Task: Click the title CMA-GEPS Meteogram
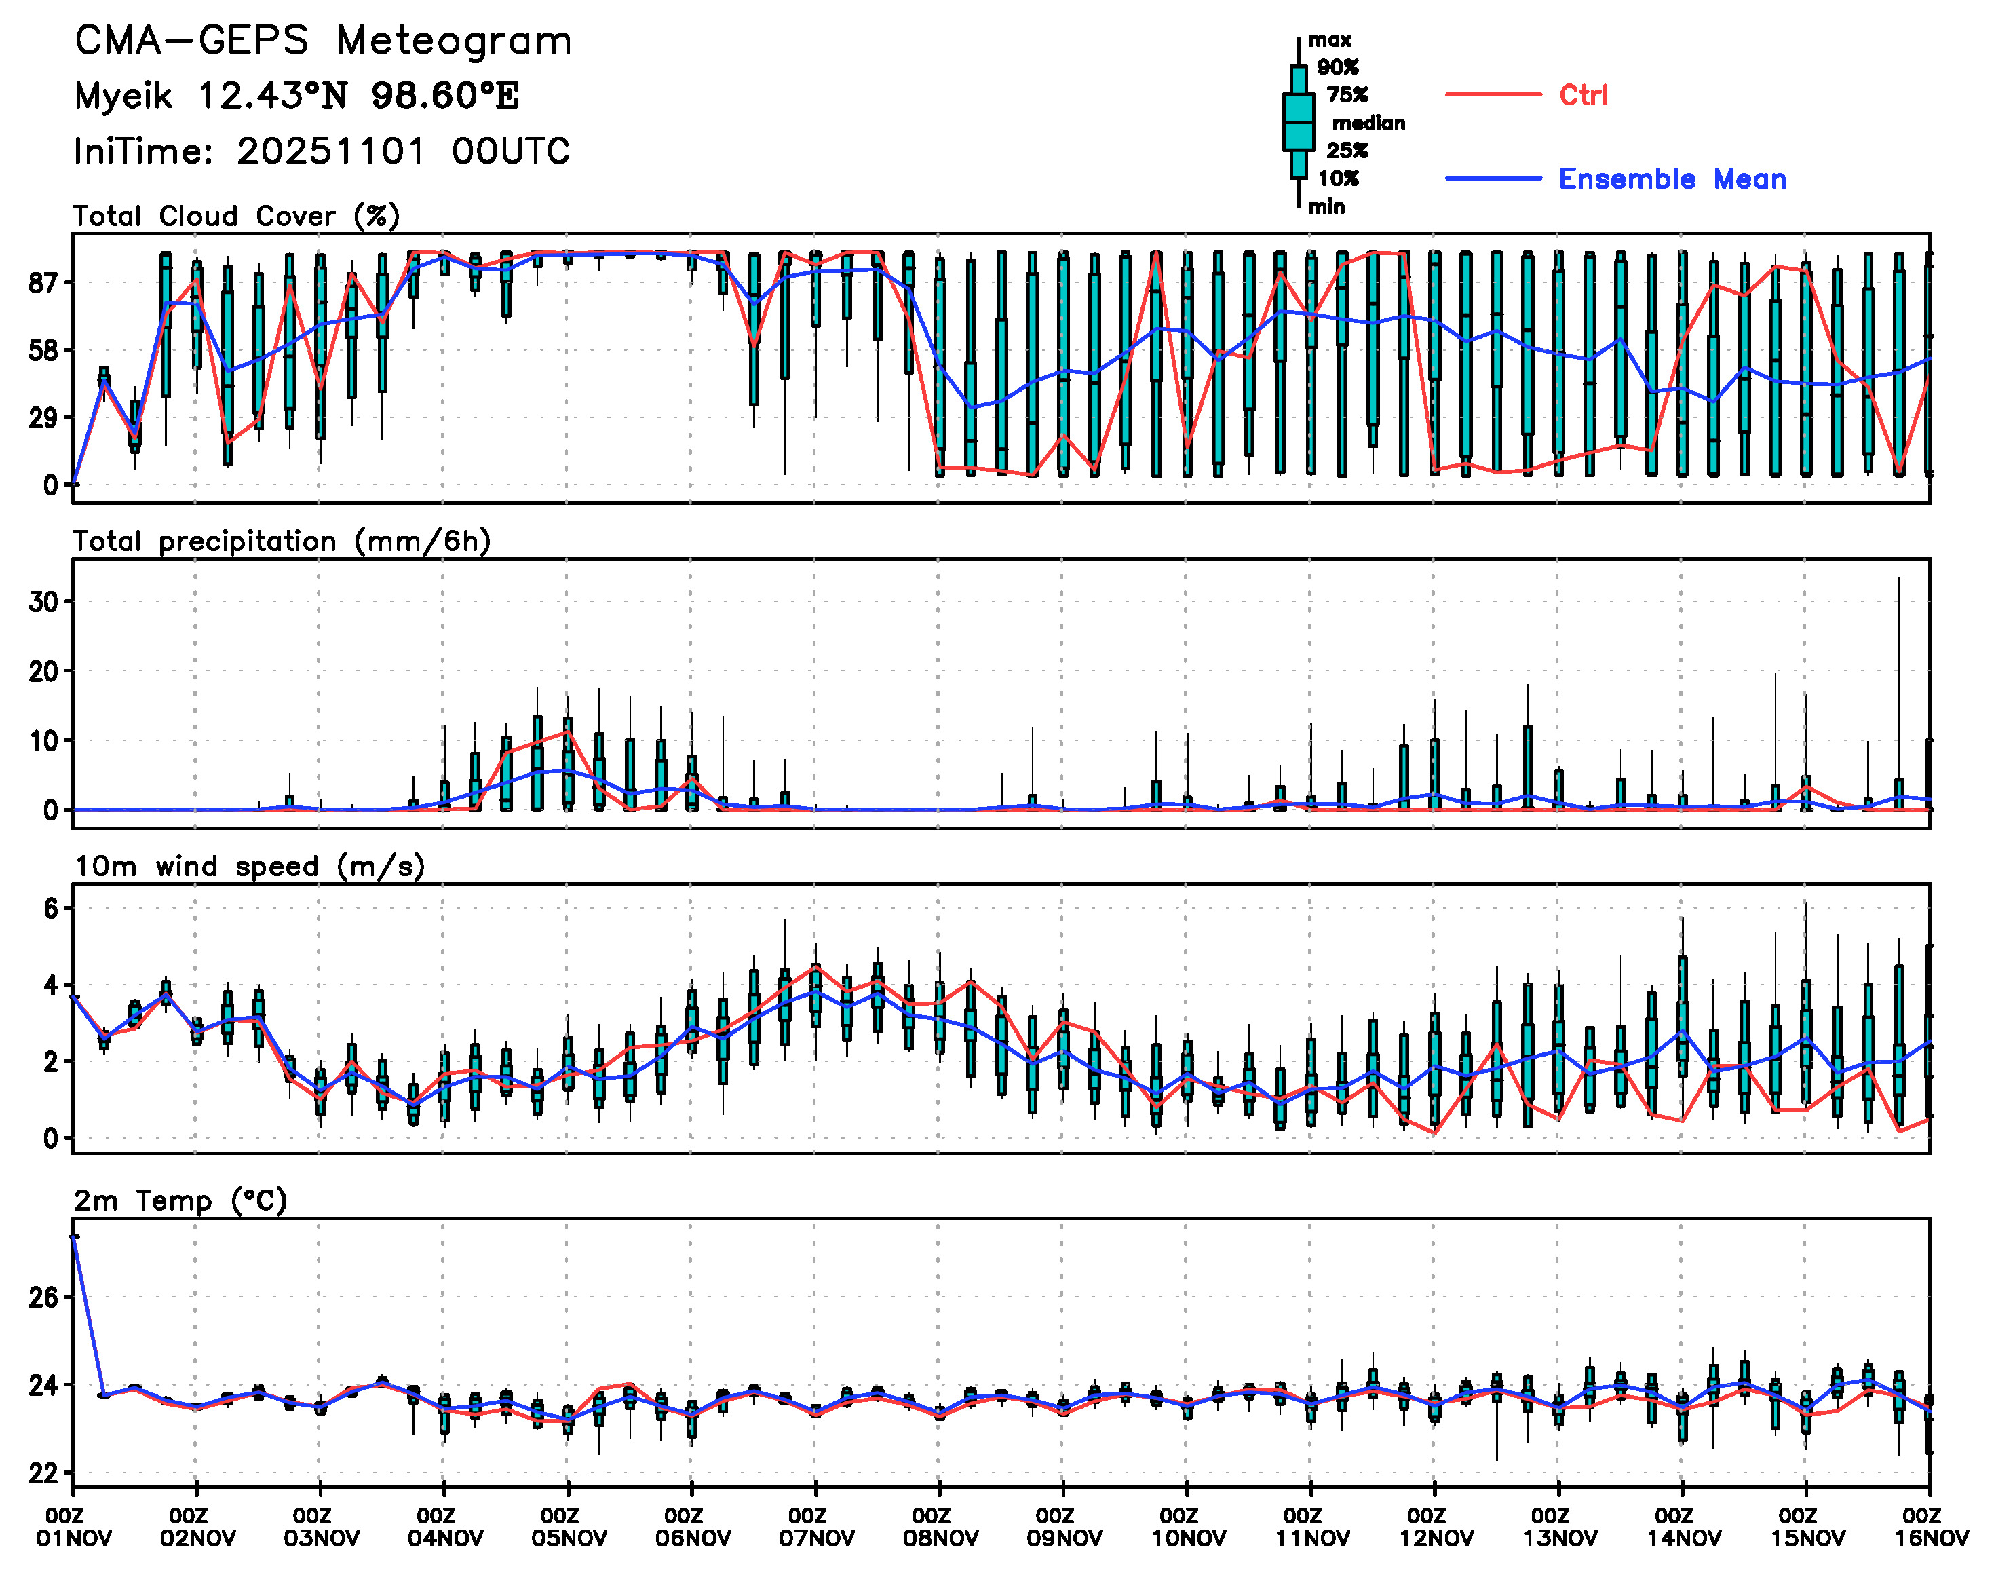pos(323,41)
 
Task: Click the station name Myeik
pos(123,96)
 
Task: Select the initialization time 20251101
pos(332,151)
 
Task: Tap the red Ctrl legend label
pos(1583,95)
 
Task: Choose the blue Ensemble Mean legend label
pos(1672,179)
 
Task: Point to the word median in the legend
pos(1368,123)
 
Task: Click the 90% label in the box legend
pos(1338,67)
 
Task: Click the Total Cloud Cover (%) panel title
pos(236,216)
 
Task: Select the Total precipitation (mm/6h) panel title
pos(281,542)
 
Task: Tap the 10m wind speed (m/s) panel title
pos(249,867)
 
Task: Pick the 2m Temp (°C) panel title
pos(180,1200)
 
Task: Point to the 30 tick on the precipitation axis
pos(43,602)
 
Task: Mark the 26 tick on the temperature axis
pos(43,1297)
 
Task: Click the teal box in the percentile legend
pos(1298,121)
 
